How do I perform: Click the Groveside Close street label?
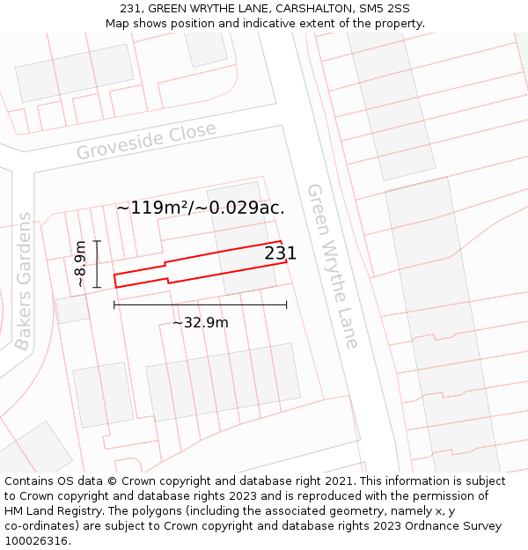coord(146,141)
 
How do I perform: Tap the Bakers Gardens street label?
coord(25,281)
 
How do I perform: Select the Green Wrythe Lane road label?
coord(333,266)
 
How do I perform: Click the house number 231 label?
coord(281,253)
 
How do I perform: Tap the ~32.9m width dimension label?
coord(200,323)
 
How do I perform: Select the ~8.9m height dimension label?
coord(81,264)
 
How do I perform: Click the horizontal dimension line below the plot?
coord(200,305)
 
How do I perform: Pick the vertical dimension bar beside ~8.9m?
coord(97,264)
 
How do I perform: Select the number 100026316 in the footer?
coord(36,541)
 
